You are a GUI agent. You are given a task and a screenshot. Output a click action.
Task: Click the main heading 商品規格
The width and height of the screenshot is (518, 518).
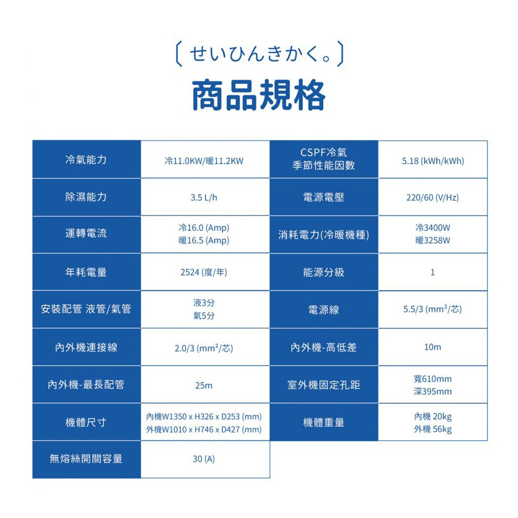[x=259, y=95]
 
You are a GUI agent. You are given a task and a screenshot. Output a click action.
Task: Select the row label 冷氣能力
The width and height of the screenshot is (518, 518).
[x=86, y=160]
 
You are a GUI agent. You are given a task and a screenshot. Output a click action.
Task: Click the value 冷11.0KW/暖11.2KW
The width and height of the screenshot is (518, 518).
[x=204, y=161]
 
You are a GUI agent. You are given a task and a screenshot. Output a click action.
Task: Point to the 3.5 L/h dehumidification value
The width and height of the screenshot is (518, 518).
[x=204, y=197]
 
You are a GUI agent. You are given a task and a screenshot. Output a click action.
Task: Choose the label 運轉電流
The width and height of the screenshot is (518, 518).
[x=86, y=233]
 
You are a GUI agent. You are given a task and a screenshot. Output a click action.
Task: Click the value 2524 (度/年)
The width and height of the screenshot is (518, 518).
[x=204, y=272]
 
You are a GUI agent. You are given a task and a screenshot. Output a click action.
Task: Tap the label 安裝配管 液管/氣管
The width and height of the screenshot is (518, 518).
[x=86, y=309]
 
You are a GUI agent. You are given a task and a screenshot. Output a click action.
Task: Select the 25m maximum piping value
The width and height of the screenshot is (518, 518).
[x=204, y=385]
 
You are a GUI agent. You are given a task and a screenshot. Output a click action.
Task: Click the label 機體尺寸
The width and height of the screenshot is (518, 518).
[x=86, y=422]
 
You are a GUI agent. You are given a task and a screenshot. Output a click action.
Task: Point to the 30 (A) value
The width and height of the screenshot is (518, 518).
[x=204, y=459]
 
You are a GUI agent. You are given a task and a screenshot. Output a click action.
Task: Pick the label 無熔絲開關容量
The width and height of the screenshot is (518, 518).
[x=86, y=458]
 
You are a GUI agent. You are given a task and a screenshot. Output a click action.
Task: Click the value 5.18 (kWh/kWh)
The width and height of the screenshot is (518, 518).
[x=433, y=161]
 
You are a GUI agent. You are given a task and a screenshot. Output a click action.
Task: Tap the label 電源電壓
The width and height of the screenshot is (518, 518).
[x=324, y=197]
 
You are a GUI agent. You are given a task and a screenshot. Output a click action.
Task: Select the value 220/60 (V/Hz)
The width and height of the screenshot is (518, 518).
[x=433, y=197]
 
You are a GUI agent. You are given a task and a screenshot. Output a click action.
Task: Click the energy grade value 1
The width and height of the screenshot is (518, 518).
[x=433, y=272]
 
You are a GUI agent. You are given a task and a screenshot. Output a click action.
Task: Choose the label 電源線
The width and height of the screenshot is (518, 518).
[x=324, y=310]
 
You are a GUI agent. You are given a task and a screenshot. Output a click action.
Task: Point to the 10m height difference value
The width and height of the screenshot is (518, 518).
[x=433, y=347]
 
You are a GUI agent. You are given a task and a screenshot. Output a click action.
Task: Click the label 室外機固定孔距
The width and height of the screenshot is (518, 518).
[x=324, y=385]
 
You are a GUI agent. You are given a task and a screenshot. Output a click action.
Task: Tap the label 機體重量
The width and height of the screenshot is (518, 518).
[x=324, y=422]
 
